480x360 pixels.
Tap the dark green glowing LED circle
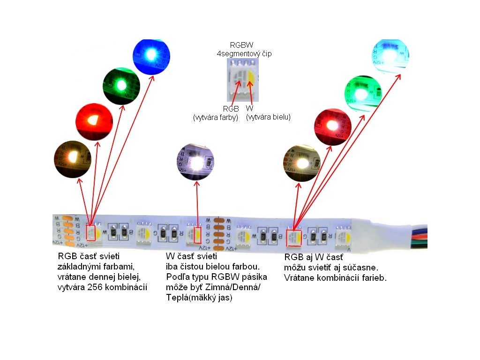[121, 85]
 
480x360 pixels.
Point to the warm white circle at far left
[73, 159]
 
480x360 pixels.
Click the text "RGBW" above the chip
[242, 45]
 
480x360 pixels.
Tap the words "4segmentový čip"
[244, 53]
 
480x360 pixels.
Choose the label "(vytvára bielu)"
[268, 117]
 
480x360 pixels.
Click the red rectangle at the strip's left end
[90, 232]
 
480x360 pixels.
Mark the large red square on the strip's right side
[294, 238]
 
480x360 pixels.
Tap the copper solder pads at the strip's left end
[67, 230]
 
